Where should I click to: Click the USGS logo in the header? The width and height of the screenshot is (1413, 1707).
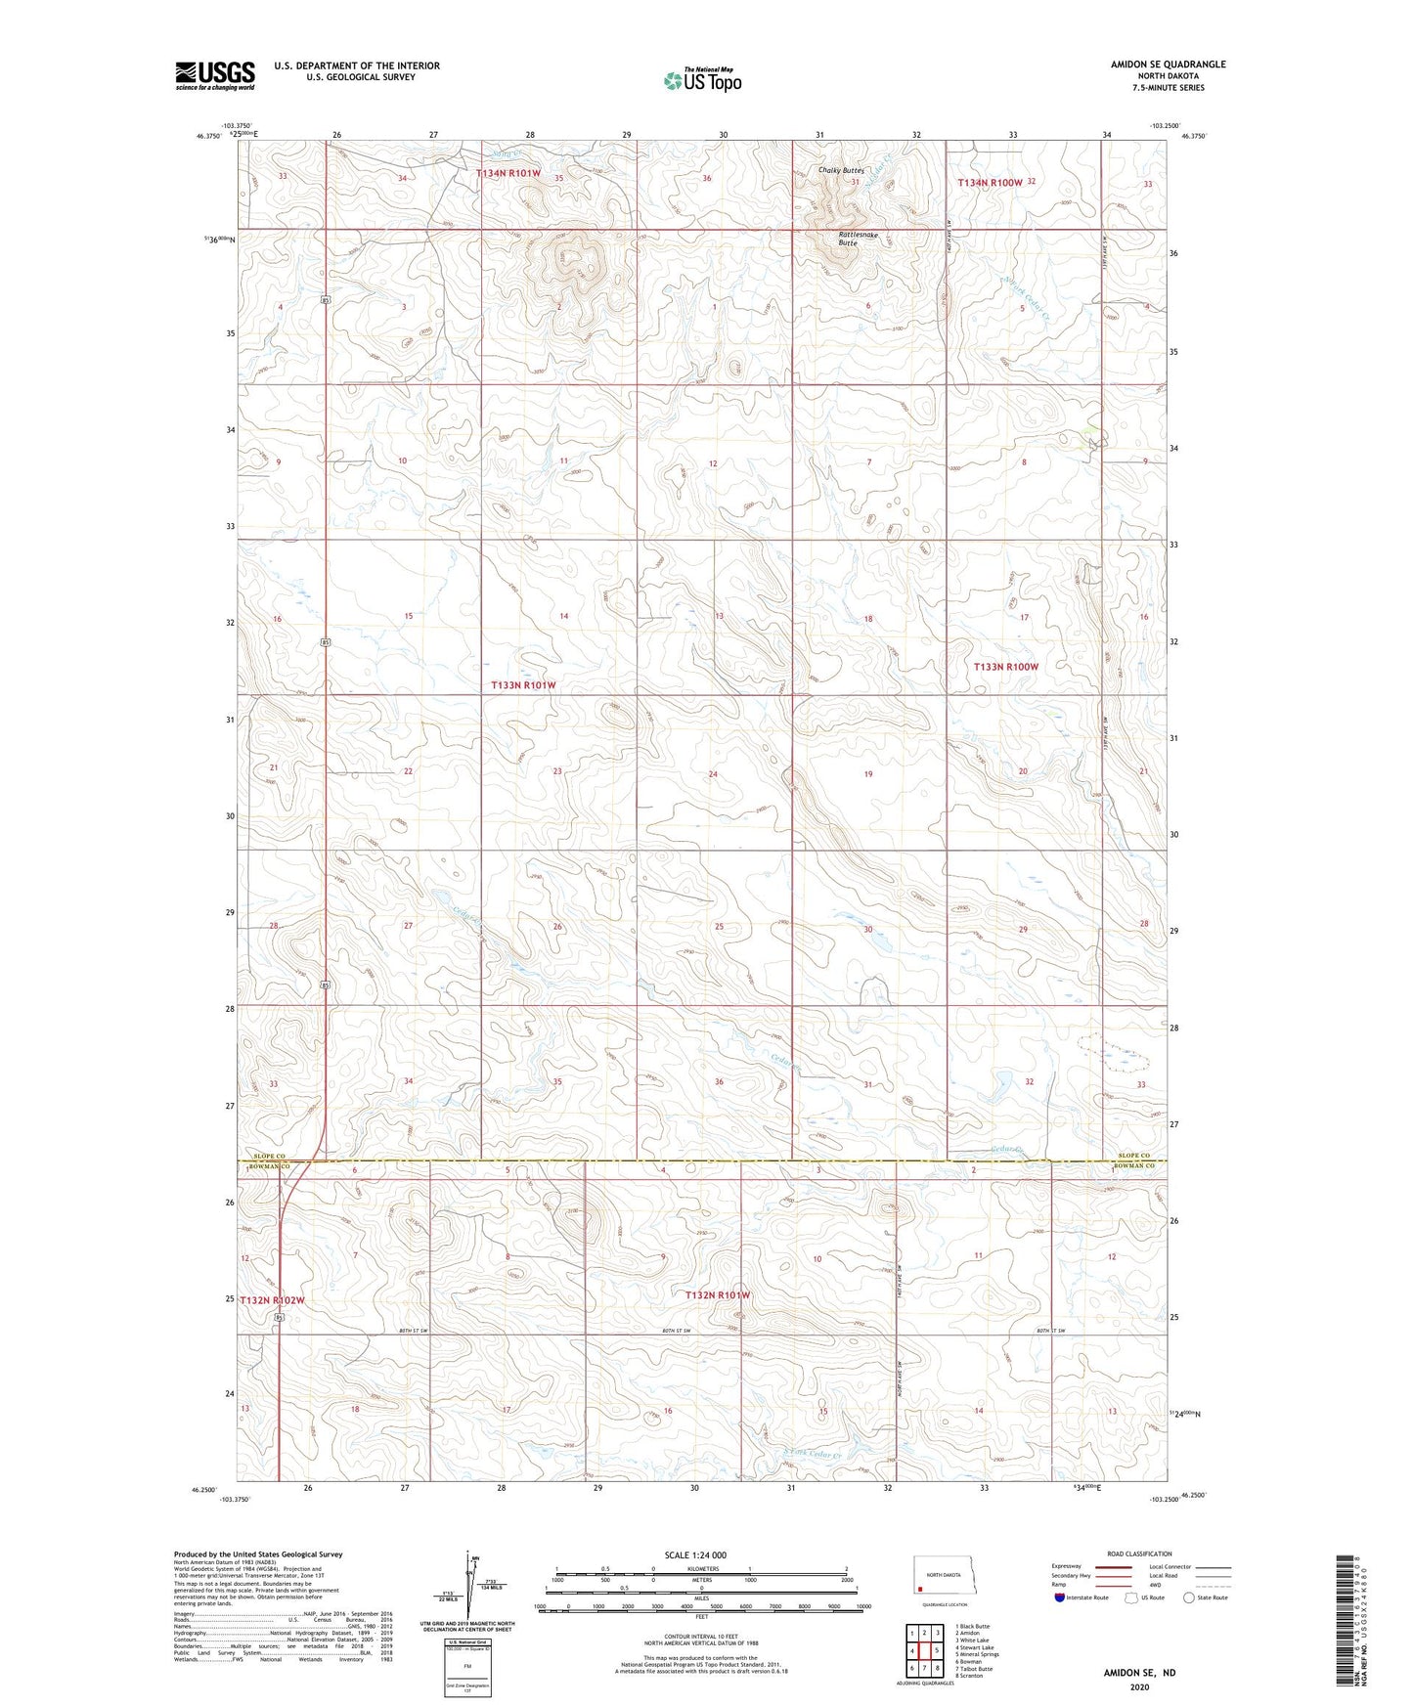(215, 75)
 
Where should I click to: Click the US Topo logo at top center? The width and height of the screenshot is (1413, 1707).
(701, 80)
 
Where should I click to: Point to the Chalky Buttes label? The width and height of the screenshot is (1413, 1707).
(841, 170)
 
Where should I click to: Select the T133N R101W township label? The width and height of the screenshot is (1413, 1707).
(523, 685)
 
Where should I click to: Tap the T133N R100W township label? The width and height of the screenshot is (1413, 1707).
(1005, 667)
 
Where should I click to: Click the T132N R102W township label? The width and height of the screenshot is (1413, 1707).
(273, 1300)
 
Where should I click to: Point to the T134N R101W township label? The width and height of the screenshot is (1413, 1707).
(508, 173)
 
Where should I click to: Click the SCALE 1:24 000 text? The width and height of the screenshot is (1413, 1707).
(695, 1554)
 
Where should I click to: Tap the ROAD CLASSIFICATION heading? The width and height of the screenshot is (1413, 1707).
(1139, 1554)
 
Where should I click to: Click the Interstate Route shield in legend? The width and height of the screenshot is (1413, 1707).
(1061, 1598)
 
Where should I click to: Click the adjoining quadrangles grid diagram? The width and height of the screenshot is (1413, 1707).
(924, 1649)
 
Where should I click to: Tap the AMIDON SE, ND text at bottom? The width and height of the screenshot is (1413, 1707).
(1139, 1673)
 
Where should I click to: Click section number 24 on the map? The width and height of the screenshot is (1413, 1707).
(713, 774)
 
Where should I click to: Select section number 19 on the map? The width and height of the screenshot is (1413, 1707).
(867, 774)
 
